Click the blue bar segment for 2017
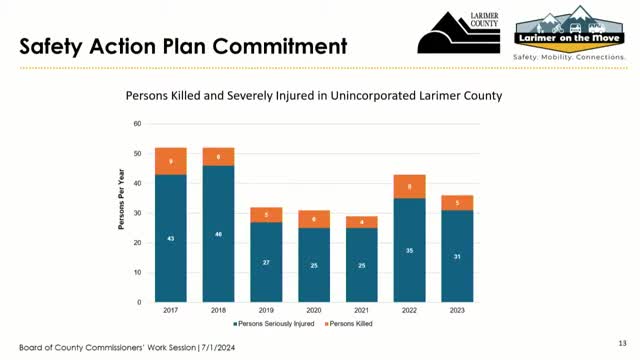coord(170,238)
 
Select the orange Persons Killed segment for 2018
coord(218,157)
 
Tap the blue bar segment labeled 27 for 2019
coord(266,262)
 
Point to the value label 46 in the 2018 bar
coord(218,234)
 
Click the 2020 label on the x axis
coord(314,311)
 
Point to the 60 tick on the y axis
coord(137,124)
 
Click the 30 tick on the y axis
coord(137,213)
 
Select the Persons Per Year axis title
coord(122,211)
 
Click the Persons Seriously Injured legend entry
coord(272,324)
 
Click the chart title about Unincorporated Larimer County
coord(312,96)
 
